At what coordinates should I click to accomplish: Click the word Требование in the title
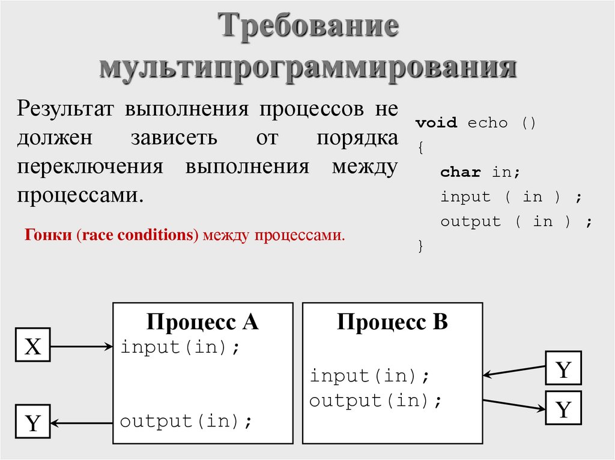(307, 28)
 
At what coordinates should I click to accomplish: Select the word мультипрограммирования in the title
(307, 68)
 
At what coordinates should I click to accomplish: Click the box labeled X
(32, 346)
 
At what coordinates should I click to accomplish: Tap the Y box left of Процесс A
(32, 423)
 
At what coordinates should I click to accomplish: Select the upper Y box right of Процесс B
(563, 369)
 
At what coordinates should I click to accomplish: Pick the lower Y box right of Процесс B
(563, 409)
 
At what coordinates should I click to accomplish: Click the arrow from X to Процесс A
(82, 346)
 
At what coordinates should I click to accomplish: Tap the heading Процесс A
(202, 322)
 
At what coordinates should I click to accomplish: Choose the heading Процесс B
(392, 322)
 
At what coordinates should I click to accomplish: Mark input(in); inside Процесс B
(370, 376)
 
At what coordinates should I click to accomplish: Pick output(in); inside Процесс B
(376, 401)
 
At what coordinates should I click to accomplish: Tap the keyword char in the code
(461, 173)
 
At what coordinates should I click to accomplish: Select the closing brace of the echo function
(420, 246)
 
